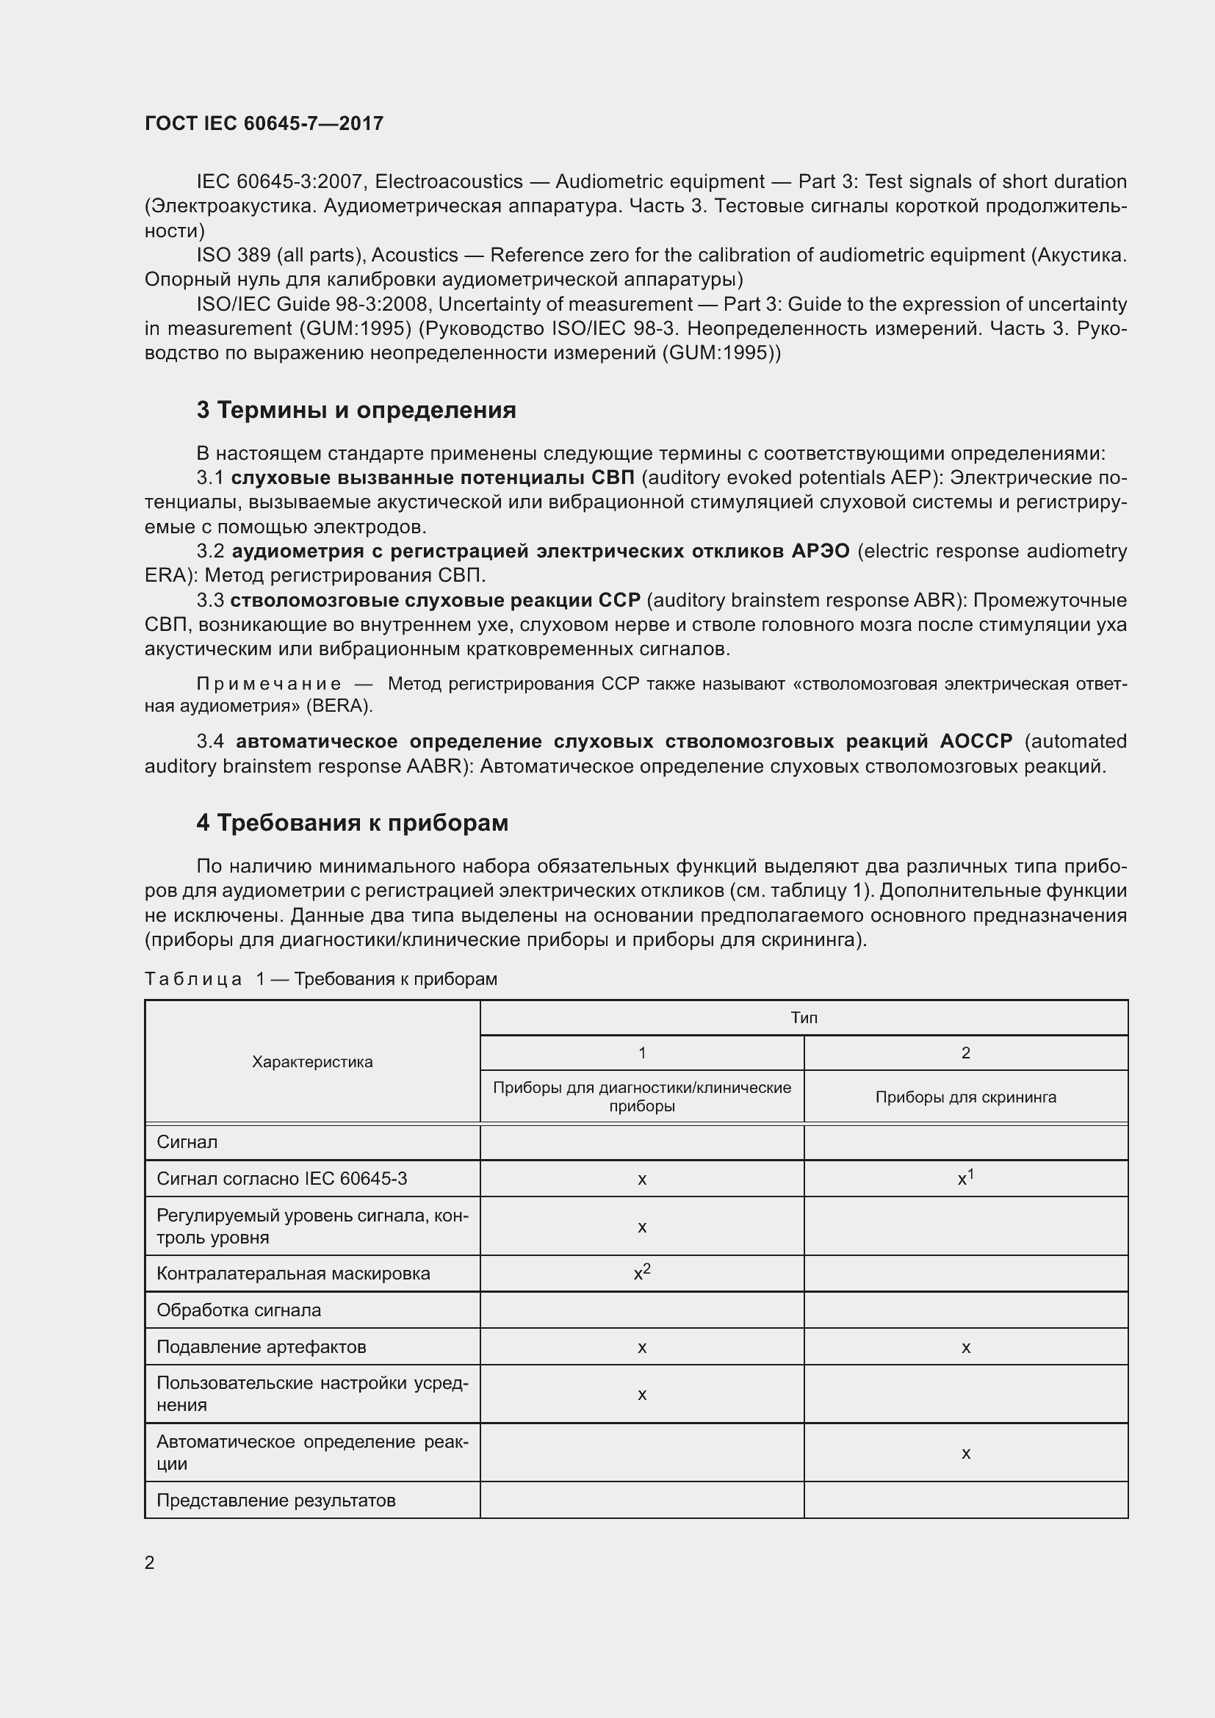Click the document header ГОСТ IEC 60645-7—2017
point(264,123)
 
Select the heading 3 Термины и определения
point(356,410)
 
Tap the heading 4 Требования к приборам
point(353,823)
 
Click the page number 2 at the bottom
point(150,1562)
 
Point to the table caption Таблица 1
point(320,978)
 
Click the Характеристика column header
point(312,1062)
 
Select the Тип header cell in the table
point(804,1017)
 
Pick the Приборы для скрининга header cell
point(965,1097)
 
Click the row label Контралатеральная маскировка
point(293,1274)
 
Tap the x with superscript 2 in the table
point(642,1273)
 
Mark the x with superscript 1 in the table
point(965,1178)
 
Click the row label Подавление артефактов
point(261,1347)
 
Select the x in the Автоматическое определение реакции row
point(965,1453)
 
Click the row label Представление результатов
point(275,1501)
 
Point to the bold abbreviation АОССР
point(976,742)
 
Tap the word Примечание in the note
point(269,684)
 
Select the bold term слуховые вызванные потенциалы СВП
point(433,477)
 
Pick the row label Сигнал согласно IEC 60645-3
point(282,1178)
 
